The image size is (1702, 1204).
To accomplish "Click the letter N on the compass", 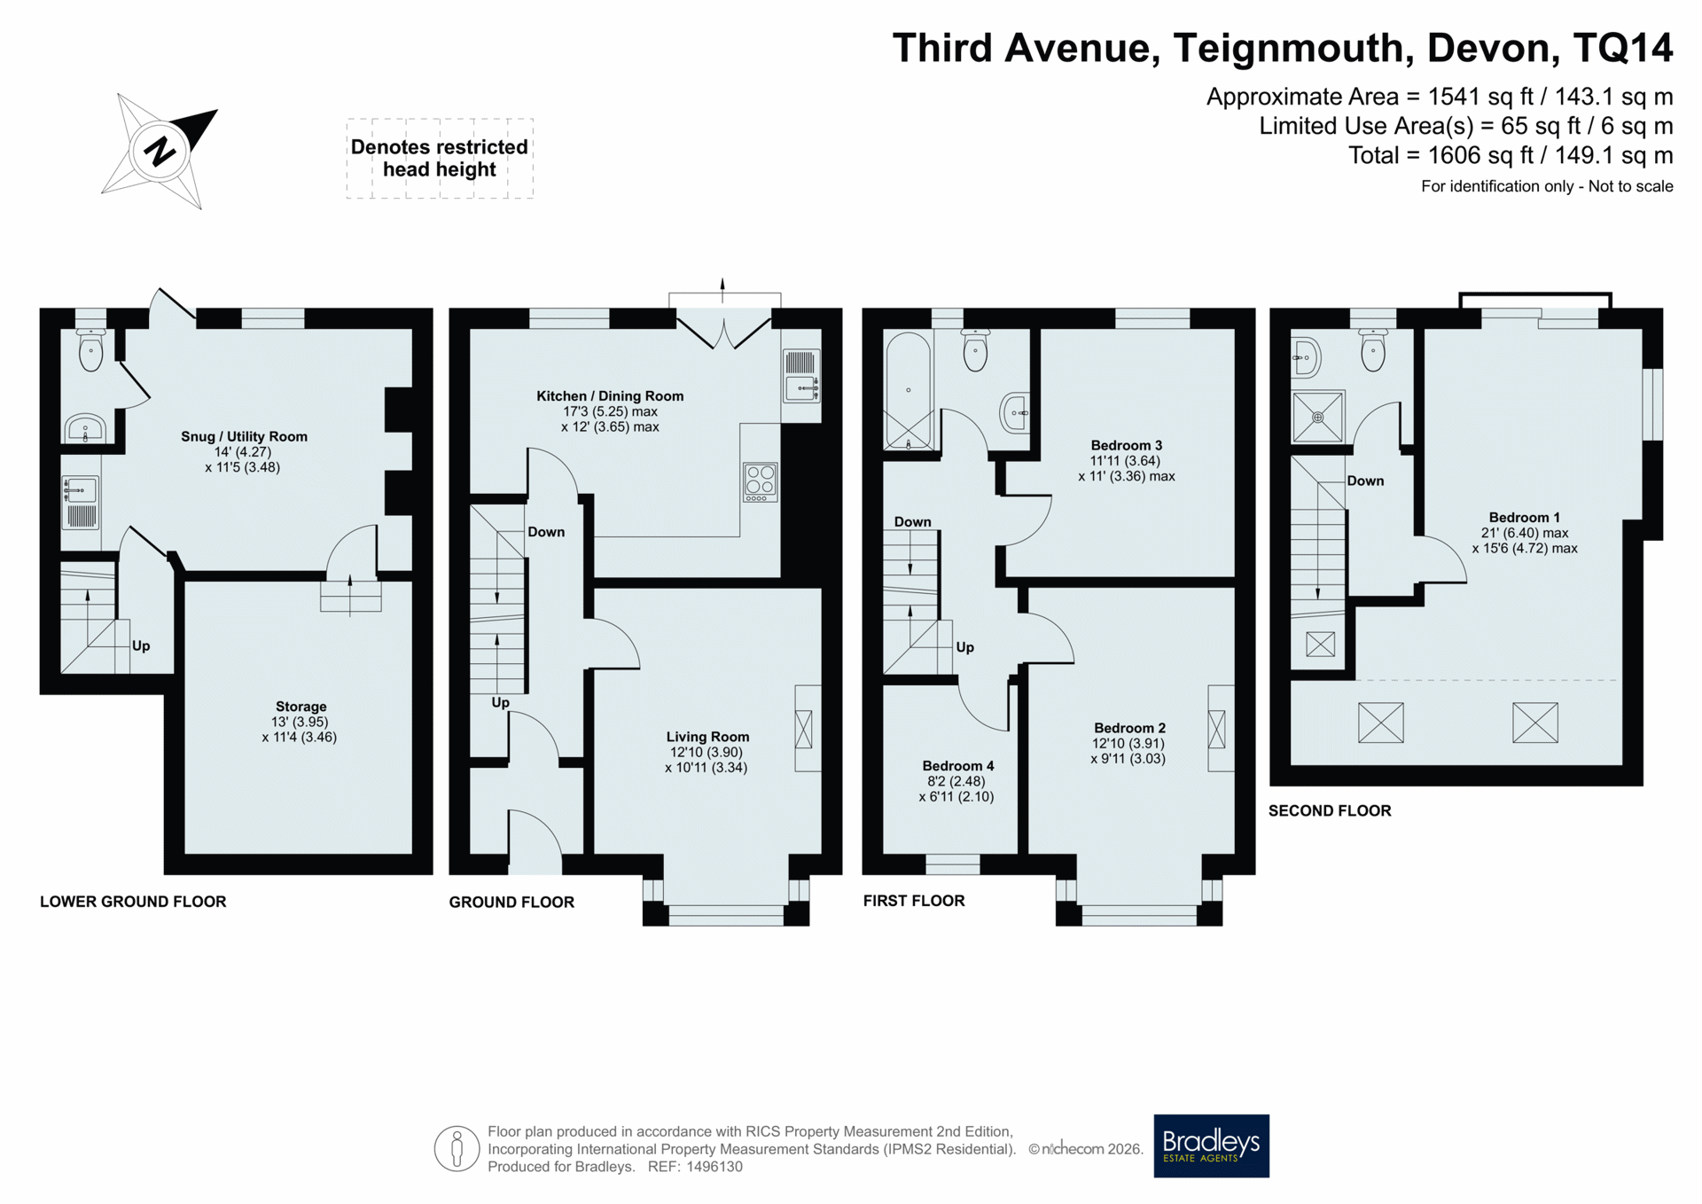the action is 160,151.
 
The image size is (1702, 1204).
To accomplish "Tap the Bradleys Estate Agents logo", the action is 1211,1145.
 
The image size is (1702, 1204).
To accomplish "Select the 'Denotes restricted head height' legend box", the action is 440,158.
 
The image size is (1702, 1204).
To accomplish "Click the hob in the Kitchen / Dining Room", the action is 760,482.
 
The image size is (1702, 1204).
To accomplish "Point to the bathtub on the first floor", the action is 909,390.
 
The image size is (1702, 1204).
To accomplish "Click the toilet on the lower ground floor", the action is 90,349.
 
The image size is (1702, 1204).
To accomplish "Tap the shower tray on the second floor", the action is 1318,416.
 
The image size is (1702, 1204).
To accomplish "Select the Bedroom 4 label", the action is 957,766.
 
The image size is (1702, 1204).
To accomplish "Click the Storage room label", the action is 301,707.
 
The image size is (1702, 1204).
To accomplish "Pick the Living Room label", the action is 707,737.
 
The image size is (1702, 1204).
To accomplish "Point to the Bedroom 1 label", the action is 1525,518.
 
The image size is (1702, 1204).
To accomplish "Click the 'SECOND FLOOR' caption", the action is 1330,810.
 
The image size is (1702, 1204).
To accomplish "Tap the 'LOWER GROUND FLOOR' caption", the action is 133,902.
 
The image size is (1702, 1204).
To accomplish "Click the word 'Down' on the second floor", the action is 1365,481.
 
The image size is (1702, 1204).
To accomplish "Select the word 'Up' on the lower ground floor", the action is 141,645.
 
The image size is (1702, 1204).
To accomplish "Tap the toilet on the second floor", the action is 1373,350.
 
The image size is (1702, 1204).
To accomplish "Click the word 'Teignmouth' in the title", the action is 1292,48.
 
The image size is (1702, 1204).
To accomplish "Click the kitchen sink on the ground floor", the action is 801,387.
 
